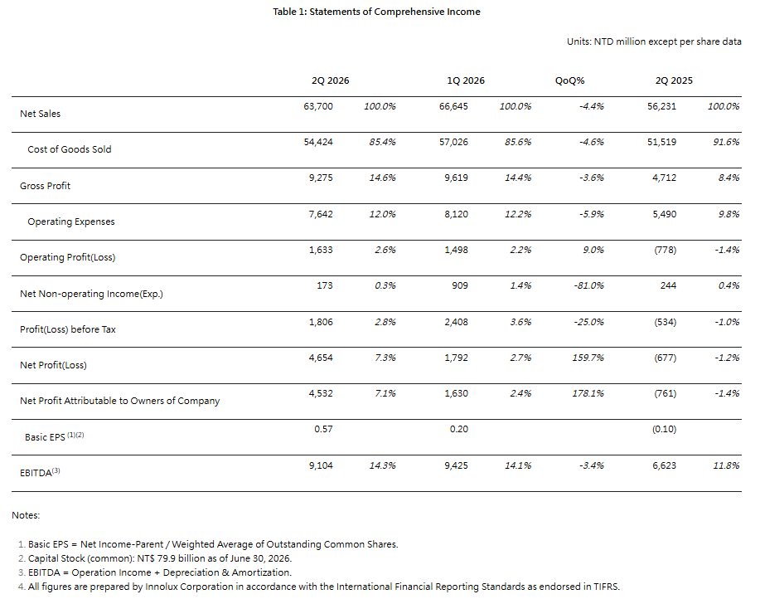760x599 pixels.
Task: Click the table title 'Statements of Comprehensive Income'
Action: tap(395, 12)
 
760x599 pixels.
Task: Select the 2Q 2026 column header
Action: tap(330, 80)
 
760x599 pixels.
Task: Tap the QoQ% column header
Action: tap(569, 80)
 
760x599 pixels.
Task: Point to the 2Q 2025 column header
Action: tap(674, 80)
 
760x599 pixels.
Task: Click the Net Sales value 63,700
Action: tap(318, 106)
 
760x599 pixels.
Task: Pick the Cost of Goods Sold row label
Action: tap(70, 149)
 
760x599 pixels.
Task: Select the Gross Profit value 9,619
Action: tap(456, 178)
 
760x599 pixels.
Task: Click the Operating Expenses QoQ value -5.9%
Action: tap(591, 214)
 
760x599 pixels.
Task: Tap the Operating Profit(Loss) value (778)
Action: tap(665, 250)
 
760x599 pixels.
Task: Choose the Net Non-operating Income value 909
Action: tap(460, 285)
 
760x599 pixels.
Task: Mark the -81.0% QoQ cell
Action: tap(588, 285)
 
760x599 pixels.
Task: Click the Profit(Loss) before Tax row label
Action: tap(68, 329)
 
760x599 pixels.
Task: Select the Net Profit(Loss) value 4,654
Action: tap(321, 358)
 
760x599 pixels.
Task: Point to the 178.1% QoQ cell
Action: tap(588, 393)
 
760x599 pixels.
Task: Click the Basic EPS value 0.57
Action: tap(323, 429)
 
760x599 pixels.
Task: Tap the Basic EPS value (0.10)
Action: tap(664, 429)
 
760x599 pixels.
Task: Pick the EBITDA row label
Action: tap(40, 472)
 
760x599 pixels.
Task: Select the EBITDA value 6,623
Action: tap(664, 465)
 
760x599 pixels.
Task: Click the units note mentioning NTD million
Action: tap(654, 41)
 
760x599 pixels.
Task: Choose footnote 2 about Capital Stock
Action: tap(155, 558)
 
